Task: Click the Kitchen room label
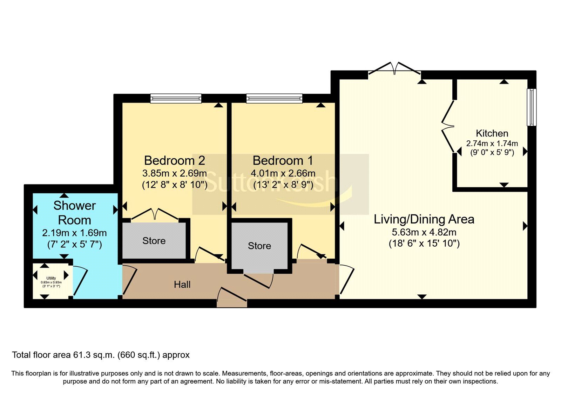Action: pyautogui.click(x=492, y=133)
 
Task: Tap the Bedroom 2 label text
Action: pyautogui.click(x=174, y=160)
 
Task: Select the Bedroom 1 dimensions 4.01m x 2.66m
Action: pyautogui.click(x=283, y=173)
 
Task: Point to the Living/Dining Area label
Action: pyautogui.click(x=424, y=219)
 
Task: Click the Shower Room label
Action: pyautogui.click(x=74, y=213)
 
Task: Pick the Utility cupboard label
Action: pyautogui.click(x=51, y=278)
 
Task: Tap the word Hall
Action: pyautogui.click(x=182, y=285)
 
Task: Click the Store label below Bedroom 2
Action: pyautogui.click(x=154, y=241)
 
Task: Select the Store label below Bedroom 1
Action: pyautogui.click(x=259, y=246)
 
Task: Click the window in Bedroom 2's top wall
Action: pyautogui.click(x=176, y=98)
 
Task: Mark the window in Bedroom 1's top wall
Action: pyautogui.click(x=274, y=98)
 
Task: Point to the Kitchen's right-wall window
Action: pyautogui.click(x=532, y=107)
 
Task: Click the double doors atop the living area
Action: pyautogui.click(x=394, y=68)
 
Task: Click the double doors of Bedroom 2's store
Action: pyautogui.click(x=155, y=214)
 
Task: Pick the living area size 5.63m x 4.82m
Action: pyautogui.click(x=424, y=232)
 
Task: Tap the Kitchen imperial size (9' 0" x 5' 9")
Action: pyautogui.click(x=492, y=152)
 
